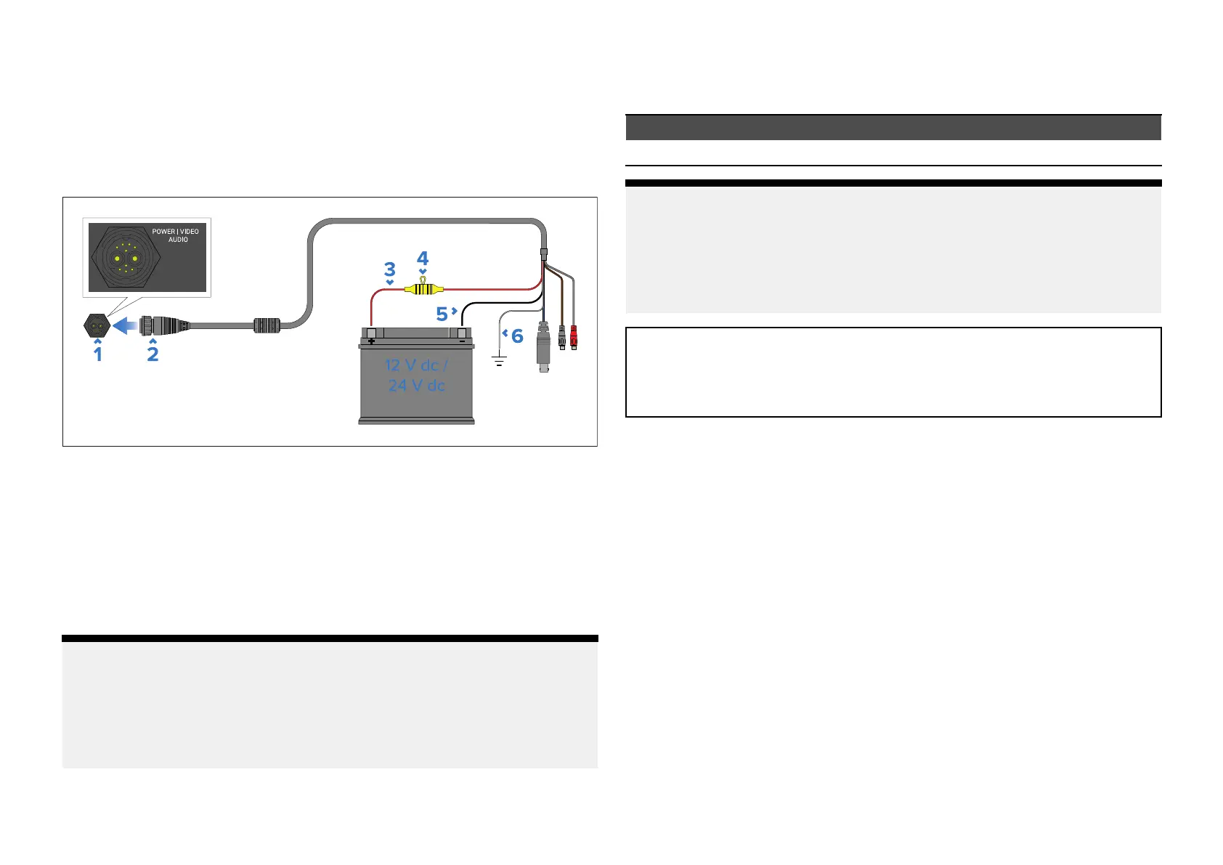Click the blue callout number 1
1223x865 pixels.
click(x=98, y=354)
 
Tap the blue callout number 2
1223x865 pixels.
click(x=153, y=354)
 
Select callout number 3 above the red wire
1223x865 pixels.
click(x=389, y=270)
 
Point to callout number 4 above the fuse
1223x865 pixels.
click(x=423, y=259)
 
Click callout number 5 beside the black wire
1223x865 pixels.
click(x=442, y=314)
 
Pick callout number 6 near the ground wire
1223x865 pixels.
click(x=517, y=336)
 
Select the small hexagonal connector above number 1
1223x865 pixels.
click(x=97, y=326)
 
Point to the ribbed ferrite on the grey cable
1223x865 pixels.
click(x=267, y=325)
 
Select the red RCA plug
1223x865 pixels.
click(x=574, y=336)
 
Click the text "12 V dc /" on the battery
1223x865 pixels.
click(x=416, y=365)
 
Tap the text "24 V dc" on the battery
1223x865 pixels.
click(x=416, y=386)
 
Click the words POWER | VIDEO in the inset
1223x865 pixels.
click(x=175, y=232)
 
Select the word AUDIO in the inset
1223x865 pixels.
click(x=178, y=240)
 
